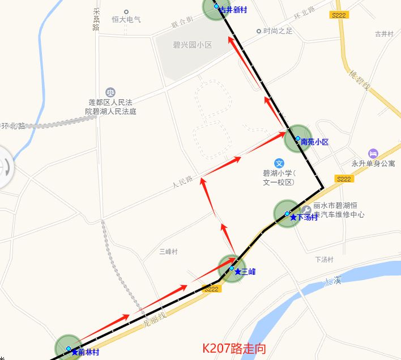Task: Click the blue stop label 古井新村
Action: click(233, 10)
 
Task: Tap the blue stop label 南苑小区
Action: click(315, 142)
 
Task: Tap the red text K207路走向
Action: click(234, 348)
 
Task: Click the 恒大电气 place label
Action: click(126, 19)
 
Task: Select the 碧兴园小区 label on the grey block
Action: click(192, 45)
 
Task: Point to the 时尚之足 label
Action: click(278, 31)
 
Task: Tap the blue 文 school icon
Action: click(279, 163)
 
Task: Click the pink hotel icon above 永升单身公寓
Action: click(373, 153)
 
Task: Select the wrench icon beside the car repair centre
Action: click(306, 209)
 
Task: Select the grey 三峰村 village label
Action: click(169, 251)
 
